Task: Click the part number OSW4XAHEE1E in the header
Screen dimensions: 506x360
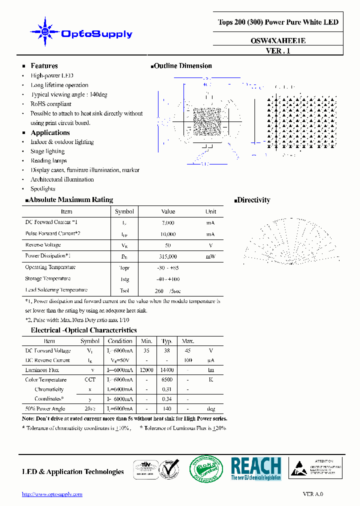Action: pos(278,41)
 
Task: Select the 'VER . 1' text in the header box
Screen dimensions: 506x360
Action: pos(278,50)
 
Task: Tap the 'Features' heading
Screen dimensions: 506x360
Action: pos(44,66)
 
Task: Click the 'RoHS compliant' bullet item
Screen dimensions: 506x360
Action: pos(51,104)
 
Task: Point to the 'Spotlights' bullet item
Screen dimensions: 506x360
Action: pos(43,189)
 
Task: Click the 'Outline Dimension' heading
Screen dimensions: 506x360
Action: pos(182,66)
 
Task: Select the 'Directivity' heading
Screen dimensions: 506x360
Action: pos(253,200)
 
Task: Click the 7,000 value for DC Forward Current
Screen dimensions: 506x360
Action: pos(168,222)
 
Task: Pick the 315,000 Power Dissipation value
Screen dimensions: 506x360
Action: pos(168,256)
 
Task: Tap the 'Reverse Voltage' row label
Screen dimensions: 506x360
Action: pos(43,245)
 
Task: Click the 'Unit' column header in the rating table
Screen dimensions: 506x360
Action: pos(210,211)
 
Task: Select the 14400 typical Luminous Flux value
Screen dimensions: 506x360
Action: pos(167,370)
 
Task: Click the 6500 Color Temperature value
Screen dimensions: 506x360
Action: pos(167,380)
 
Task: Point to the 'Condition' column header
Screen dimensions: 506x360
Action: pos(120,341)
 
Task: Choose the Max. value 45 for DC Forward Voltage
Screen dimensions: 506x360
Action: pos(187,351)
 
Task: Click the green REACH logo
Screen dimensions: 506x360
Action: pos(256,469)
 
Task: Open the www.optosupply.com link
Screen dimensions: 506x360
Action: pos(52,494)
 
